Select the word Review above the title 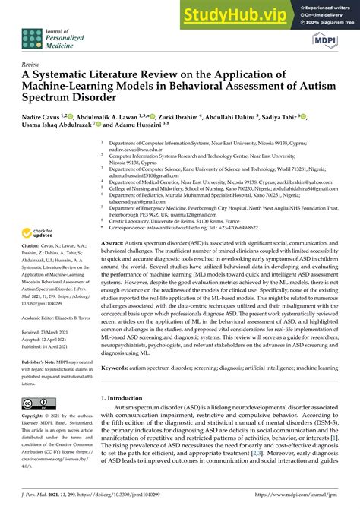tap(32, 65)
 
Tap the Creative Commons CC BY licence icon tap(38, 404)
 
